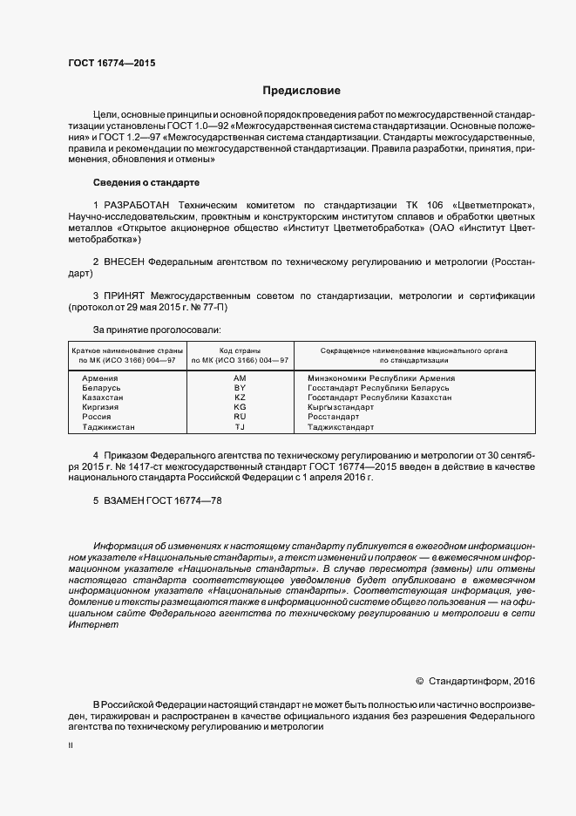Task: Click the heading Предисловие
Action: tap(302, 91)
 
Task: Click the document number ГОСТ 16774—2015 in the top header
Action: tap(112, 63)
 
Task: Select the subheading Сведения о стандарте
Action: tap(146, 182)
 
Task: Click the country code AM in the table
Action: tap(241, 377)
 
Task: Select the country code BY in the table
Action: tap(241, 387)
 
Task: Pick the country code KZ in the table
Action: tap(241, 397)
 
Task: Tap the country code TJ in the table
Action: tap(241, 427)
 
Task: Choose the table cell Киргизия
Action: tap(101, 407)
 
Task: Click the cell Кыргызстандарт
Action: tap(341, 407)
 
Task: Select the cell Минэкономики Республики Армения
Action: tap(381, 377)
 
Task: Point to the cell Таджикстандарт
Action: tap(341, 427)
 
